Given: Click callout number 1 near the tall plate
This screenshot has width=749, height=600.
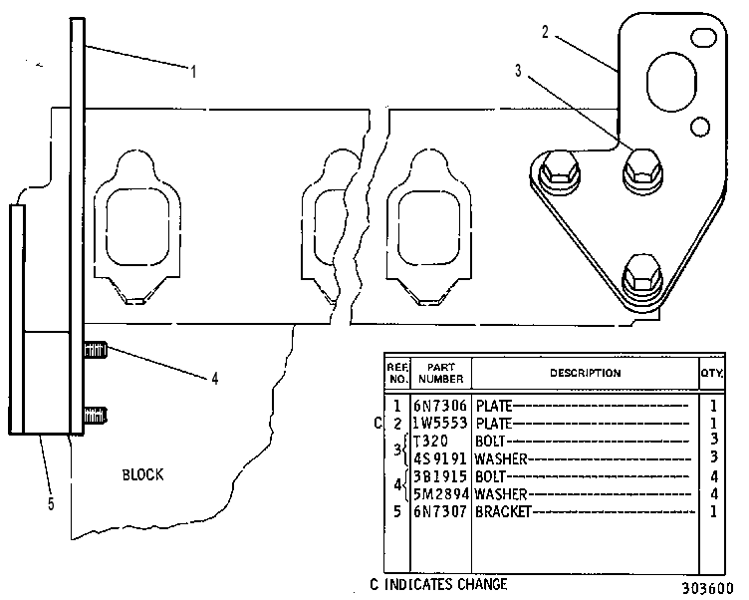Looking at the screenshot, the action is pos(193,72).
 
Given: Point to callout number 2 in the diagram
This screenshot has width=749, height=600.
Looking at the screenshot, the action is pos(546,32).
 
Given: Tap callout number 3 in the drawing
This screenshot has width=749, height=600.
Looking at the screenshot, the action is pos(518,71).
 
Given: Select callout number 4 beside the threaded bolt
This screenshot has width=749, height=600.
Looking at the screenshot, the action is pos(215,379).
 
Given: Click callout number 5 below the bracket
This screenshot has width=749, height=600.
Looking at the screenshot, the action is pos(51,504).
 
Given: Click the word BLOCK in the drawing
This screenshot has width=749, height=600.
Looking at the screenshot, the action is pos(142,474).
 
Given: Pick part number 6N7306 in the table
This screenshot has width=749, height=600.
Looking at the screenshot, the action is pos(440,406).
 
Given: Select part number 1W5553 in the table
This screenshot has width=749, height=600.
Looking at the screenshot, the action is pos(440,424).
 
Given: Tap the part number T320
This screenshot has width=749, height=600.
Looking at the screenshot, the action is pos(431,441).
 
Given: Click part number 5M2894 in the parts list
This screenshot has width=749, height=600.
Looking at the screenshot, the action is pos(440,494).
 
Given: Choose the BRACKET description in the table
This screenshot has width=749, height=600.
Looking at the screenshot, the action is pos(503,511).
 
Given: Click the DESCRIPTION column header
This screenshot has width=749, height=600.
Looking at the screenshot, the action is pos(586,373).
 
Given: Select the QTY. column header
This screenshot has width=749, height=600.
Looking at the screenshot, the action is pos(712,373).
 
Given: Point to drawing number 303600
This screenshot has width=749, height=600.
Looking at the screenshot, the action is pos(707,588).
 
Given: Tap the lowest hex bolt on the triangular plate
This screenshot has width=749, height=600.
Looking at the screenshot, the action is pos(642,276).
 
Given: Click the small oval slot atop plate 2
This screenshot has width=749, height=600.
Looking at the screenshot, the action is pos(704,38).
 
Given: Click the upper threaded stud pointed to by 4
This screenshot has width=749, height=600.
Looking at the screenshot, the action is pos(95,351).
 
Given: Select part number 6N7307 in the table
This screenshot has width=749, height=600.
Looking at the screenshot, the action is pos(440,511).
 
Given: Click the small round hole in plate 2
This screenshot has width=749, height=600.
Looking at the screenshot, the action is pos(700,127).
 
